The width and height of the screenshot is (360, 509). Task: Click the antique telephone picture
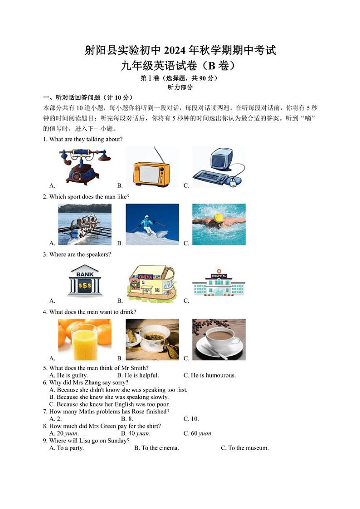click(85, 165)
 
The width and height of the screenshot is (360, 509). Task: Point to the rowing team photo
click(85, 224)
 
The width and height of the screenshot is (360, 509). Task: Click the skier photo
click(152, 224)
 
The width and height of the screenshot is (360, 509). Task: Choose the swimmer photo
click(219, 224)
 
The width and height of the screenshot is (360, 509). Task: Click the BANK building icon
click(85, 281)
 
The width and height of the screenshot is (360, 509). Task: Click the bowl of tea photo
click(152, 339)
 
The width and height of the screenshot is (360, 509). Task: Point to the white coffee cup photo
click(219, 339)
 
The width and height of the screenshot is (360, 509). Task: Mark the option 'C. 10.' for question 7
click(191, 419)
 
